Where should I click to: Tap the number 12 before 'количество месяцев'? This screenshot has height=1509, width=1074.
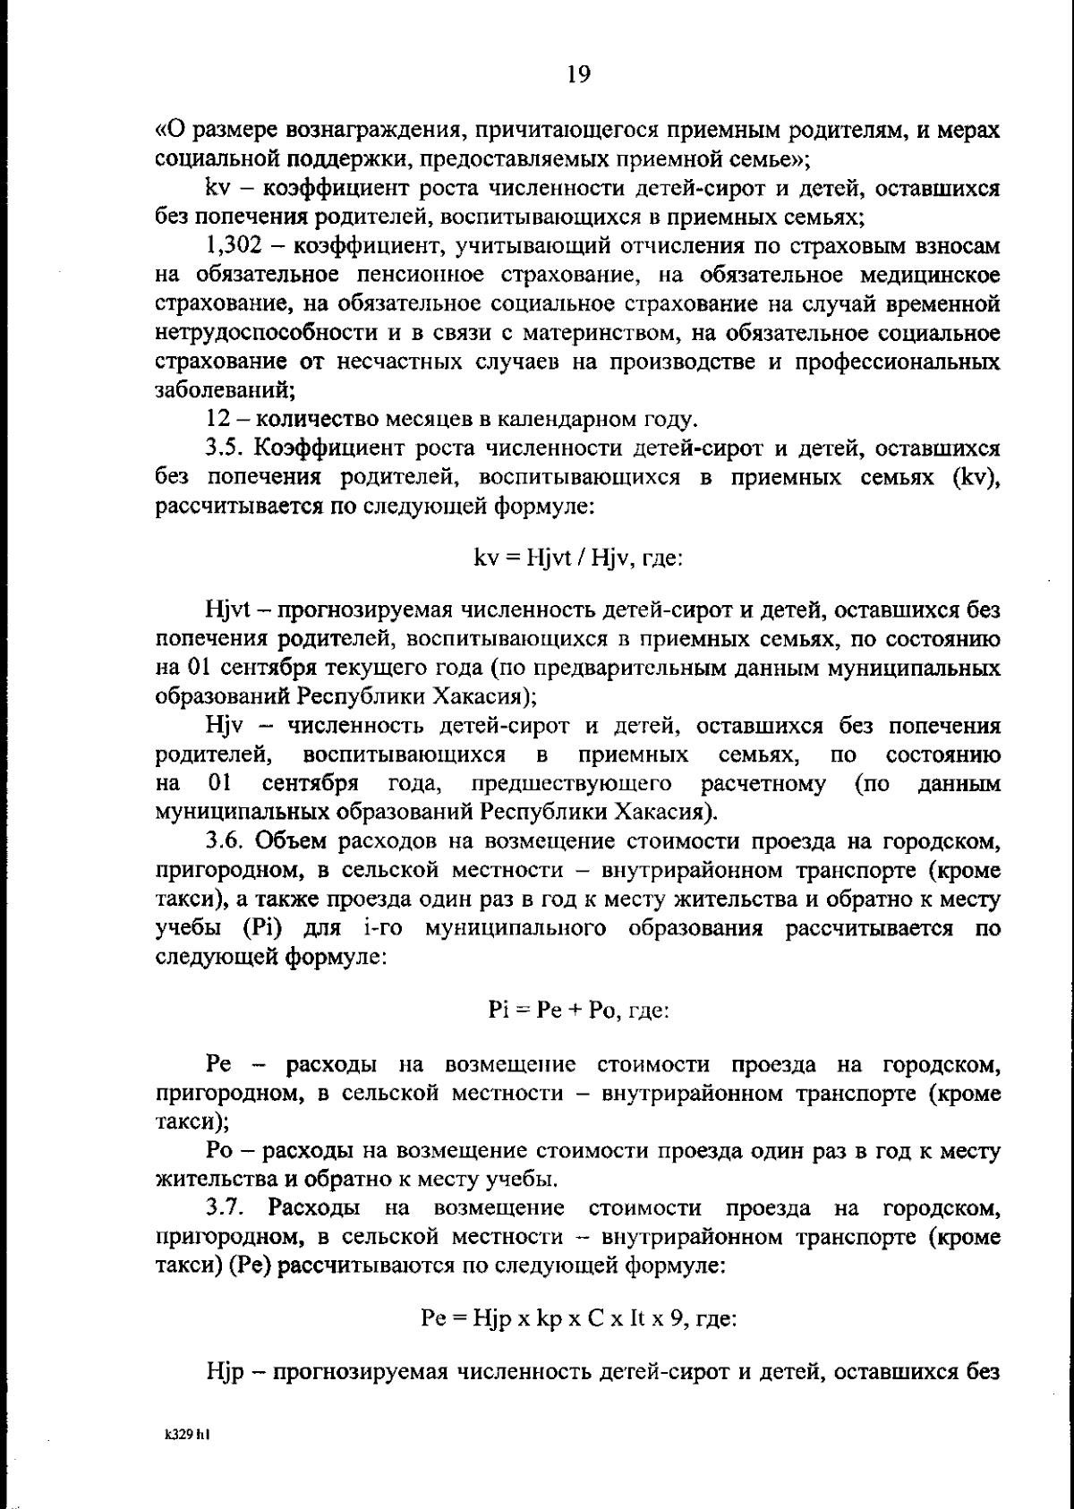point(218,419)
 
